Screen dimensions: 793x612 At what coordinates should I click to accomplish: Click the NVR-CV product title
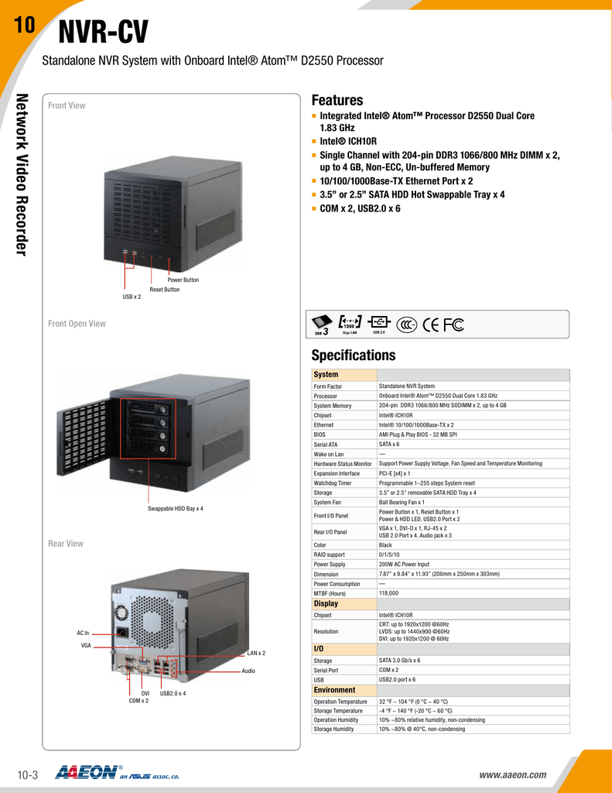point(104,33)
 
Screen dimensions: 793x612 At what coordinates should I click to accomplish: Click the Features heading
point(337,101)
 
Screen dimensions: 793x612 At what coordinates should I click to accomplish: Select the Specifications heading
point(353,355)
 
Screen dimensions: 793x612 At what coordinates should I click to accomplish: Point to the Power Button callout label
point(183,280)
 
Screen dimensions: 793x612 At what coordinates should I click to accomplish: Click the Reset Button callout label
point(165,289)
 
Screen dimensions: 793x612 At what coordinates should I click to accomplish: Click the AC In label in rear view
point(83,633)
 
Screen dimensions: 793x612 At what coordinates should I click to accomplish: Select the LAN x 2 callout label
point(256,653)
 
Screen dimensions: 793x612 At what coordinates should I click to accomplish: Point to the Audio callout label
point(248,671)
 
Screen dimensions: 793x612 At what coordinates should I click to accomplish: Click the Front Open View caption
point(77,324)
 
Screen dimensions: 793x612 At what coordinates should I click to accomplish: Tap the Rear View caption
point(66,544)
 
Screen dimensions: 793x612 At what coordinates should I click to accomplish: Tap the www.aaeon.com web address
point(513,774)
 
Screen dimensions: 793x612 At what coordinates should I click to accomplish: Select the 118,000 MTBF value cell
point(388,593)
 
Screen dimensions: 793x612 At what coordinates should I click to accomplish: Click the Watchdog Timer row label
point(333,483)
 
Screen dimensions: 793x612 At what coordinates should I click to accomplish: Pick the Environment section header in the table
point(334,690)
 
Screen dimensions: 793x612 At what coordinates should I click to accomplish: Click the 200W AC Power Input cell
point(404,565)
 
